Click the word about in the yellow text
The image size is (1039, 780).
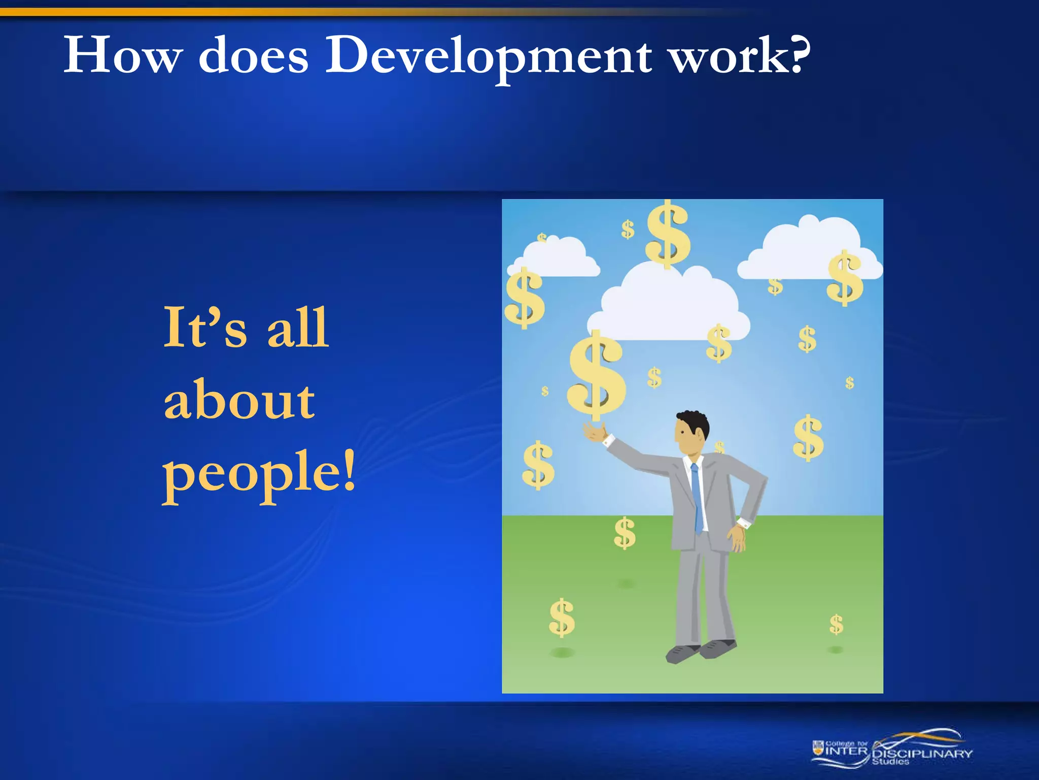(239, 401)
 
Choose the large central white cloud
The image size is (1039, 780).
(669, 305)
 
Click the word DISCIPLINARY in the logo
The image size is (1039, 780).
(922, 754)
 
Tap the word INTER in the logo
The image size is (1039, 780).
(847, 751)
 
